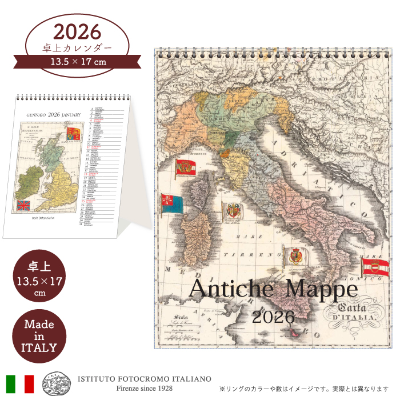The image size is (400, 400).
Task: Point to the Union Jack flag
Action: click(x=23, y=205)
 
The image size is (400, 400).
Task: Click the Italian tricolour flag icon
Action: click(x=20, y=383)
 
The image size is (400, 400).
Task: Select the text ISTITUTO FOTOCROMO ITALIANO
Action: click(x=144, y=379)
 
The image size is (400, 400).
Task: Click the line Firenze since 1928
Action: click(x=144, y=389)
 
